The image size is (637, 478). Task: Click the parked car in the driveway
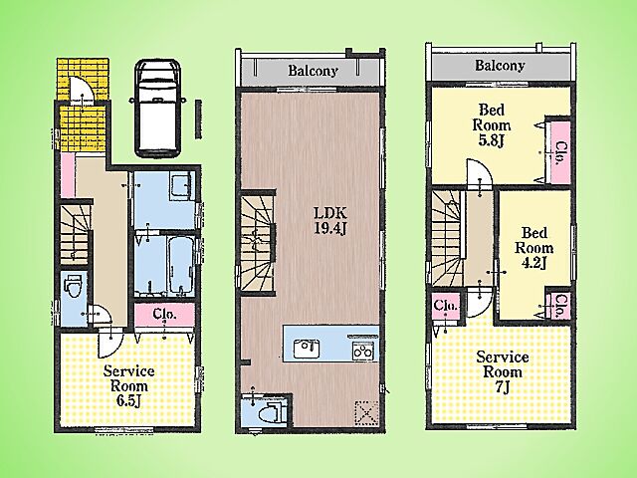point(157,109)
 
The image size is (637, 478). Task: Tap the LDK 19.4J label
point(330,220)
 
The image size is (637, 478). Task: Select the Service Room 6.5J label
point(128,385)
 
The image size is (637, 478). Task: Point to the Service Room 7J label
point(503,372)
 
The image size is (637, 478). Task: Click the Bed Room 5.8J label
point(492,125)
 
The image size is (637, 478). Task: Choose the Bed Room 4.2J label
point(534,248)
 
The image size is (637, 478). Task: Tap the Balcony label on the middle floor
point(313,71)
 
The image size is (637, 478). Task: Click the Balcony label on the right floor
point(500,65)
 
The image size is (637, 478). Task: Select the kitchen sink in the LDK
point(307,350)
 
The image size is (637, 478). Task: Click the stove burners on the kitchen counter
point(363,351)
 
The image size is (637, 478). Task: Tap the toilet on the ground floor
point(73,285)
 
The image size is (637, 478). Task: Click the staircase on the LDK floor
point(257,243)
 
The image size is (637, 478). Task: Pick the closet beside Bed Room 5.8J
point(560,150)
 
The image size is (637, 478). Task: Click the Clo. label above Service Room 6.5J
point(164,314)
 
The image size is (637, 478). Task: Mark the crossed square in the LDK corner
point(366,413)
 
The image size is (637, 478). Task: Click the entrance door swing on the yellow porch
point(82,89)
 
